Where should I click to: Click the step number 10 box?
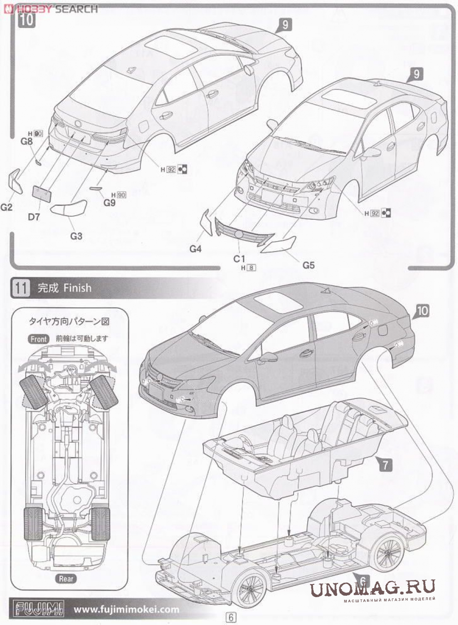click(x=27, y=20)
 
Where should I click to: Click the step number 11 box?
click(x=21, y=288)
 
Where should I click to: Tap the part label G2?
click(x=7, y=207)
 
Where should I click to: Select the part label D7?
click(x=34, y=217)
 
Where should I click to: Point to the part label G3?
click(x=76, y=235)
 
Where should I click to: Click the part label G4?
click(x=196, y=248)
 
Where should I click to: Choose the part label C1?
click(x=239, y=258)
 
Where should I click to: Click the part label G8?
click(x=27, y=141)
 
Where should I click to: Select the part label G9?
click(x=110, y=202)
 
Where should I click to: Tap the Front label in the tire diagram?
click(x=39, y=339)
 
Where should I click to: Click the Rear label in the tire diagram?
click(x=66, y=579)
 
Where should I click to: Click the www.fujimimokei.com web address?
click(x=126, y=610)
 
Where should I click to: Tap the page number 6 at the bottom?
click(x=231, y=617)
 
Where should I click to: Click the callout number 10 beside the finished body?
click(x=422, y=310)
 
